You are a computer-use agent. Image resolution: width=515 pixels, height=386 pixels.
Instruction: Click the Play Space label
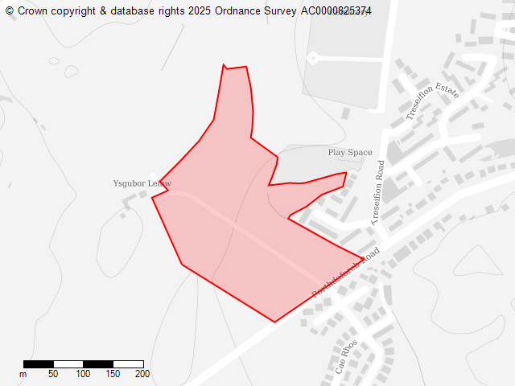(x=350, y=152)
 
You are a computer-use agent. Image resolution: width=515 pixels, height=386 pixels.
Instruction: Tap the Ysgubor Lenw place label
(x=142, y=183)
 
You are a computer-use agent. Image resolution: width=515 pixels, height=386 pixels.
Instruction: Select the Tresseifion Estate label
(x=432, y=101)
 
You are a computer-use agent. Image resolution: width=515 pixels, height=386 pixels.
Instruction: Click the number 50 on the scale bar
(x=53, y=374)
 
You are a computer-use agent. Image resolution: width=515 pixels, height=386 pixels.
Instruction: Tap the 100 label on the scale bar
(x=83, y=374)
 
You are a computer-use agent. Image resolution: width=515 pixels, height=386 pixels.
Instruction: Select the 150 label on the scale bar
(x=113, y=374)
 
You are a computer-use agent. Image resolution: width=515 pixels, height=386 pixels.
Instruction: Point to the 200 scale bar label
(x=142, y=374)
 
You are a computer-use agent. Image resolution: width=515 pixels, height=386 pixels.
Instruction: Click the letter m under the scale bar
(x=23, y=374)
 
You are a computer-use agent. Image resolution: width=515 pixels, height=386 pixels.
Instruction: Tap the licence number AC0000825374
(x=336, y=10)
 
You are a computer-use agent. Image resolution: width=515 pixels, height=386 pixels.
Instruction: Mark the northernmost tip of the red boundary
(x=223, y=64)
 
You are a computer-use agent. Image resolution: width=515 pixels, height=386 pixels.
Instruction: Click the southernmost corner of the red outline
(x=275, y=322)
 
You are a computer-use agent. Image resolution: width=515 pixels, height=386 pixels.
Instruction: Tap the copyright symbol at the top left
(x=10, y=10)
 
